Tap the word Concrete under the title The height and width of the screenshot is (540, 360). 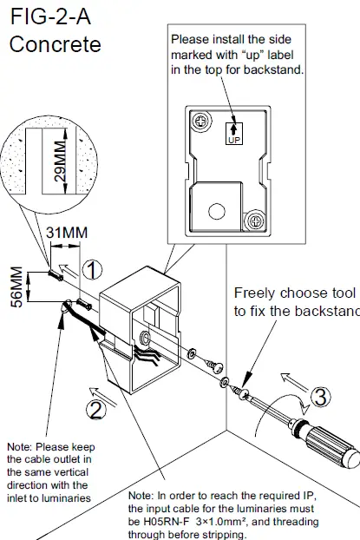(55, 44)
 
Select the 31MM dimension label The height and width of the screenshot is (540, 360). (65, 232)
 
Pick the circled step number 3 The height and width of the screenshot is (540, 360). (321, 398)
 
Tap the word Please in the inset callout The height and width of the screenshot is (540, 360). (191, 39)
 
